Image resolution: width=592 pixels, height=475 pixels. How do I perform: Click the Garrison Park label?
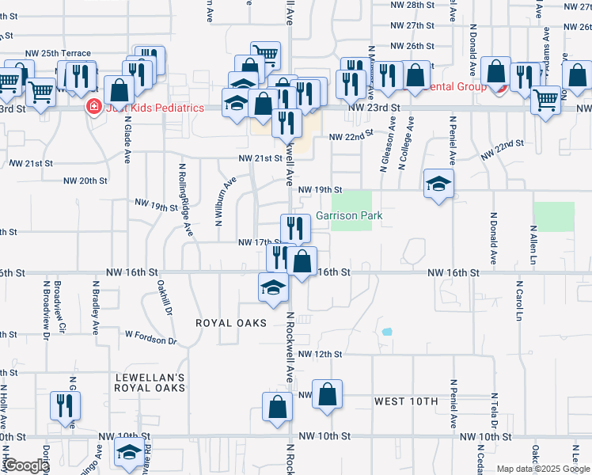(x=350, y=215)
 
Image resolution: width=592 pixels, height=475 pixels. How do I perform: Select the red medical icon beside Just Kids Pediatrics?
(x=93, y=106)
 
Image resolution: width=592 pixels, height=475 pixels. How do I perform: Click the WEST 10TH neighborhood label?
(x=406, y=401)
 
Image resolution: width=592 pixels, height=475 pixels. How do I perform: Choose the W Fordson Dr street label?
(x=150, y=338)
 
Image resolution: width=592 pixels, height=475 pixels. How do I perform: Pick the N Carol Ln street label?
(x=519, y=299)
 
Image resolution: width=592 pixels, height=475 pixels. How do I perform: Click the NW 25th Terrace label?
(x=58, y=53)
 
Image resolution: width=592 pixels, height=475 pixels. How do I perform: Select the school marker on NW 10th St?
(x=128, y=454)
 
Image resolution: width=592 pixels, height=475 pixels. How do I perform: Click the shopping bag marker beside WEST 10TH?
(x=327, y=394)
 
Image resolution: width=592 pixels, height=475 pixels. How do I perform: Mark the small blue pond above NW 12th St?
(x=386, y=332)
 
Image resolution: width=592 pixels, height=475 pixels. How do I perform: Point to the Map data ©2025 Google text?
(x=542, y=469)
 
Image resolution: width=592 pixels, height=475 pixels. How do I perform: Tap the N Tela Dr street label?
(x=493, y=412)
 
